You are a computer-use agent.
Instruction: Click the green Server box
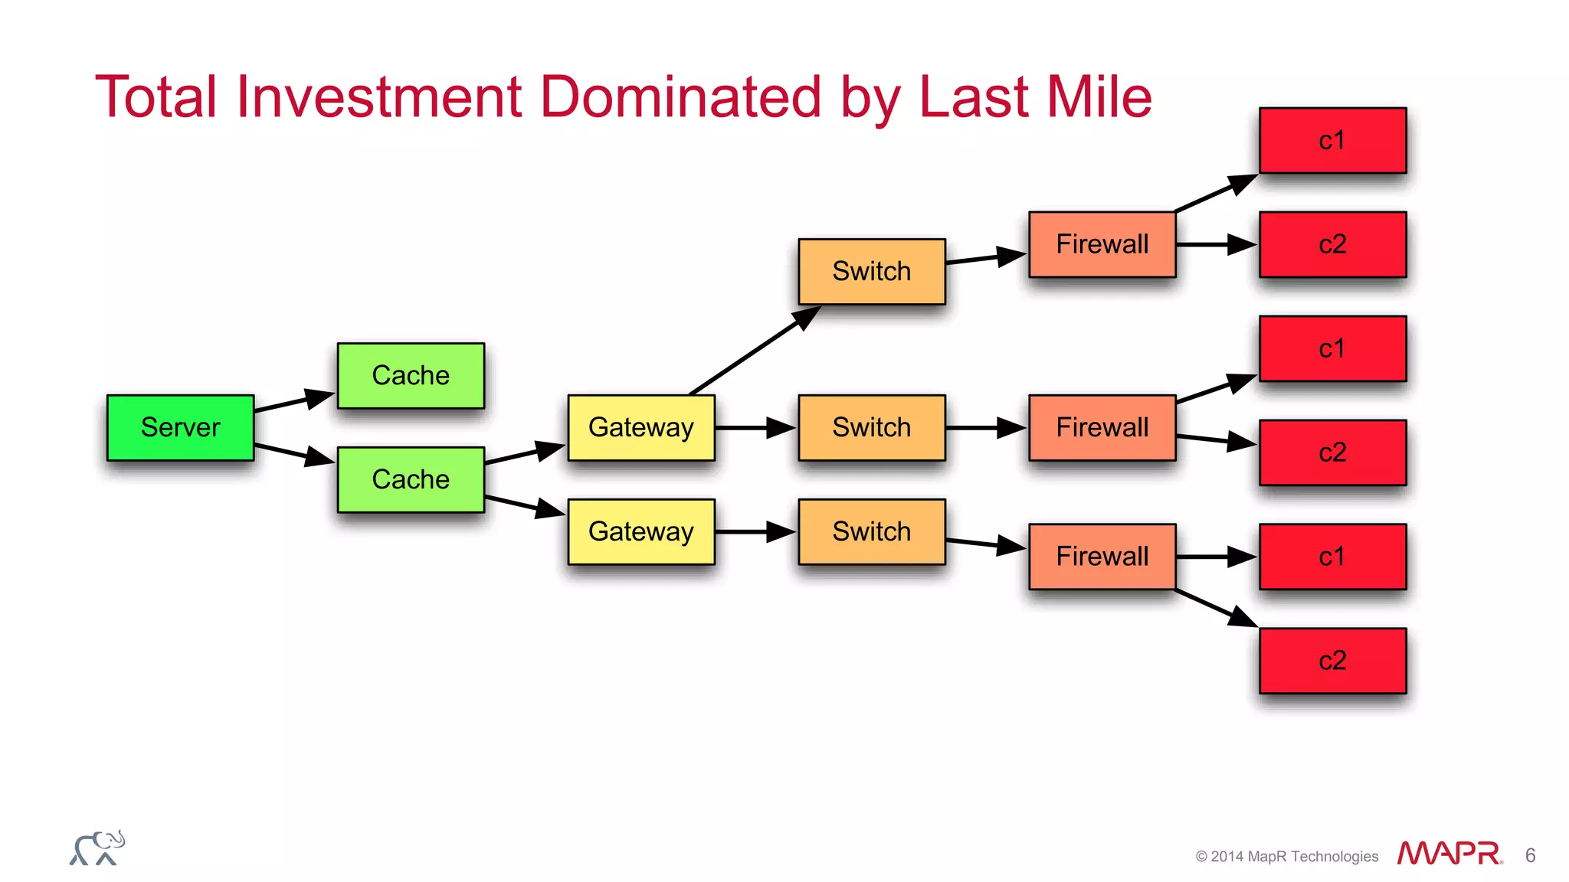180,427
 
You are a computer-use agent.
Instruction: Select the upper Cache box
411,375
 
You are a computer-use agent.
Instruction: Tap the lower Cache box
411,479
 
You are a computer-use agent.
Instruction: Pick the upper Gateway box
641,427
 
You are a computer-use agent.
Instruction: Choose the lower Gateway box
641,531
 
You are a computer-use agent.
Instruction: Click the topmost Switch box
872,271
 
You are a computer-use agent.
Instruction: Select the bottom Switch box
872,531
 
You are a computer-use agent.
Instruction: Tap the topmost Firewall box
1102,244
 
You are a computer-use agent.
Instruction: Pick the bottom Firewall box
1102,557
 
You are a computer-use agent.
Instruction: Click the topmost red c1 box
1332,140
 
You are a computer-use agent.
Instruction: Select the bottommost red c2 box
1332,661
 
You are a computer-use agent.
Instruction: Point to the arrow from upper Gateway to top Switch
755,351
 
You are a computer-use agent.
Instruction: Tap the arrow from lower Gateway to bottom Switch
755,531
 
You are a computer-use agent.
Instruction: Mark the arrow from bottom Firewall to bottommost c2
1215,608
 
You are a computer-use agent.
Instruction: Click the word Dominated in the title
680,97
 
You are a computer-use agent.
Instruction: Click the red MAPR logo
1449,854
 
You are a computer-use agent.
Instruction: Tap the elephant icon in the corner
97,848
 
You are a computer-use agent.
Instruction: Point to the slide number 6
1530,855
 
